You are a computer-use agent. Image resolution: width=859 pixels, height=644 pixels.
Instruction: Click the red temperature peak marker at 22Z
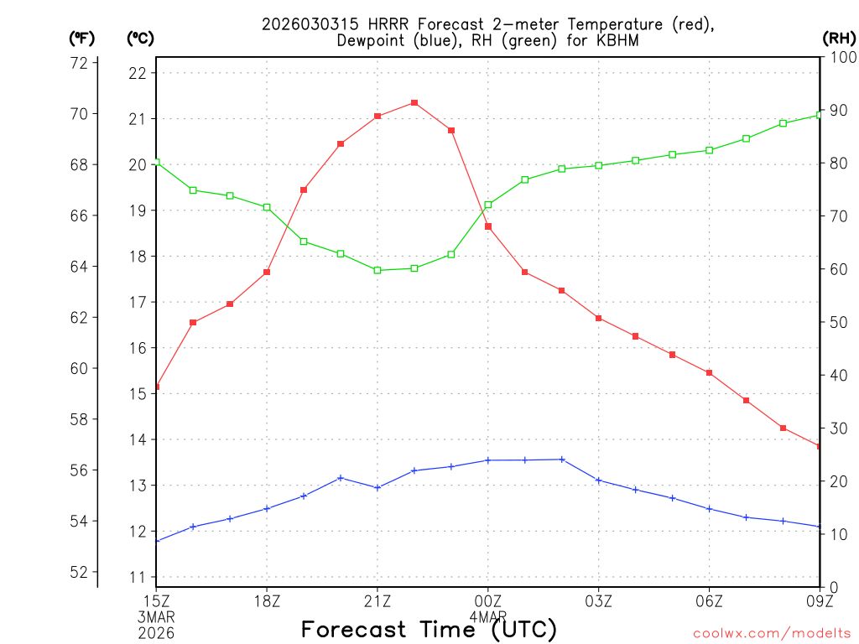pos(414,103)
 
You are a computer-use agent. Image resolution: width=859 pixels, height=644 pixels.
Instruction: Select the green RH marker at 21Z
pos(377,270)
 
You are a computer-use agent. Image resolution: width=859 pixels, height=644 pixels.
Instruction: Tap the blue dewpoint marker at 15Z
pos(157,541)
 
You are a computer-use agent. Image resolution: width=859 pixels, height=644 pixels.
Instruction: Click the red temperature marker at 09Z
pos(820,446)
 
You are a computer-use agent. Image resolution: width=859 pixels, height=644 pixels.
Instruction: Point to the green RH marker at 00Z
pos(488,205)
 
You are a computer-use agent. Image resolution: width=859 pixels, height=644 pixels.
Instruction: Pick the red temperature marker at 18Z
pos(267,272)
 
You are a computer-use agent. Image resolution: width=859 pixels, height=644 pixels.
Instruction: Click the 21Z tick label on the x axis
pos(377,600)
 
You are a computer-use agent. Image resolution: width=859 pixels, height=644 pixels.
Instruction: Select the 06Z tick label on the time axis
pos(710,600)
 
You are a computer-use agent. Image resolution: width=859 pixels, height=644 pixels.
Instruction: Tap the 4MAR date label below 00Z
pos(488,615)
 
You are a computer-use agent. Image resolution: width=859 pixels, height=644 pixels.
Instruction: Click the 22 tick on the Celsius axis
pos(138,73)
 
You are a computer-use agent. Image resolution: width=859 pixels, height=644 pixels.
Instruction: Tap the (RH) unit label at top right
pos(838,38)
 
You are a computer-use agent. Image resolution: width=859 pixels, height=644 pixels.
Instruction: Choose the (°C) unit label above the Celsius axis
pos(139,38)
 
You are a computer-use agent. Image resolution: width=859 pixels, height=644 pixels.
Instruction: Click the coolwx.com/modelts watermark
pos(772,633)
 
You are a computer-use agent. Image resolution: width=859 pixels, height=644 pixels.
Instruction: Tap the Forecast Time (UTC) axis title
pos(429,629)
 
